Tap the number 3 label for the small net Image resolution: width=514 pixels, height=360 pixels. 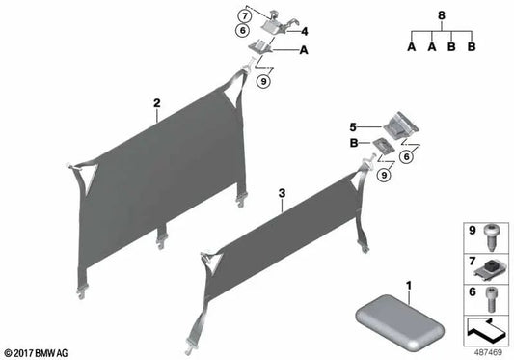(x=282, y=193)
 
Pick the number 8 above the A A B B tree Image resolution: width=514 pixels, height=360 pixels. (x=442, y=15)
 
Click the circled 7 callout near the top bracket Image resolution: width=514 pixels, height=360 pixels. (x=245, y=16)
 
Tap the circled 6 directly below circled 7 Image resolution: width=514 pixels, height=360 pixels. (x=245, y=32)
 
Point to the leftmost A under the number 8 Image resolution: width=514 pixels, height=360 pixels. (x=412, y=46)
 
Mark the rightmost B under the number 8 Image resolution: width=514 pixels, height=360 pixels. (x=472, y=46)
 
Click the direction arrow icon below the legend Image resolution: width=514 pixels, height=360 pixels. (x=484, y=329)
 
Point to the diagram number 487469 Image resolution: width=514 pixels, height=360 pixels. (x=484, y=350)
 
